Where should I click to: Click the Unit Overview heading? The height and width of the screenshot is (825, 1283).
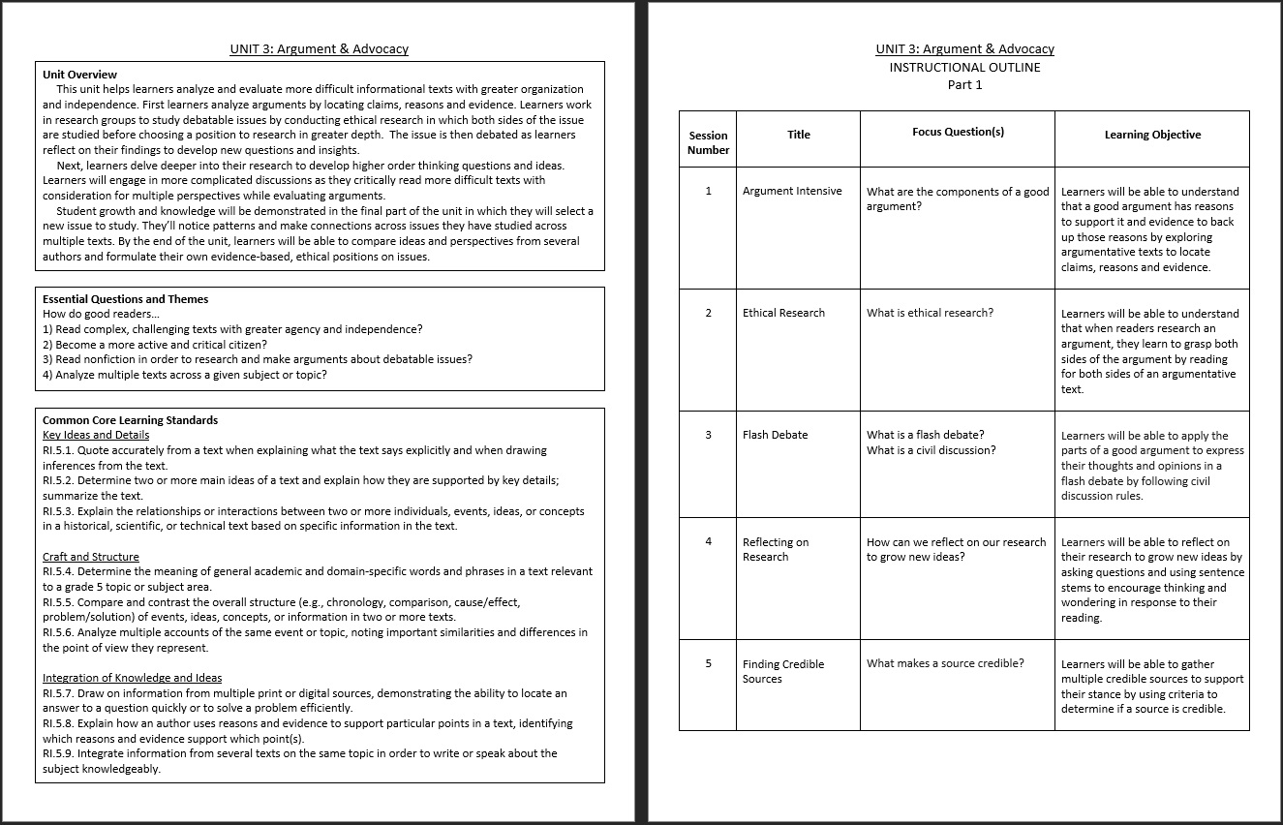(79, 75)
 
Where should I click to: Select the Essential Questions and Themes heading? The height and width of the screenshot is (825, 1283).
(125, 299)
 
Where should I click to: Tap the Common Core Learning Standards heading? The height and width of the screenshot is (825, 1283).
(130, 420)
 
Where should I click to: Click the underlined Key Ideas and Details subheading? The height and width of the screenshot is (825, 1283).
(96, 435)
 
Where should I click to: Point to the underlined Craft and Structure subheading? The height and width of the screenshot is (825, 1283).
(91, 557)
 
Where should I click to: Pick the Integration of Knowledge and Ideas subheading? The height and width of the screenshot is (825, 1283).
(132, 678)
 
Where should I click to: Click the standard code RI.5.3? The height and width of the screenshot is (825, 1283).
(58, 511)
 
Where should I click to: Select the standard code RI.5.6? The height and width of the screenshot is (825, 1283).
(58, 632)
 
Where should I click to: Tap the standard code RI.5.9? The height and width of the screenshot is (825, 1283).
(58, 753)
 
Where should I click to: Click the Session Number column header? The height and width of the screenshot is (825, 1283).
(708, 142)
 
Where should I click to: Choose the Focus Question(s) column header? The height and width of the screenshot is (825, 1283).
(957, 132)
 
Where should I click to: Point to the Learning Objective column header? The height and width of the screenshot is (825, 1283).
(1152, 135)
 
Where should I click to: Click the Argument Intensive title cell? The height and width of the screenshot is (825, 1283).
(792, 191)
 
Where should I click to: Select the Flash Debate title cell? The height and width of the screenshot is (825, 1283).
(776, 435)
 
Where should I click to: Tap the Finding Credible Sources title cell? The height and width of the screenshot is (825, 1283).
(782, 671)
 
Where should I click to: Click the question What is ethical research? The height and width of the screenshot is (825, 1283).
(930, 313)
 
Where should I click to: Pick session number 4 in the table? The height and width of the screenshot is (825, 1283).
(708, 541)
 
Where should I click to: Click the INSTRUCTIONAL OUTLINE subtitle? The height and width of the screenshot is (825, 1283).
(964, 67)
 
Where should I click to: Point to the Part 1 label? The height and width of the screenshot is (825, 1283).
(964, 84)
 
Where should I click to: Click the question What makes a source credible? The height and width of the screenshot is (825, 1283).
(945, 663)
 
